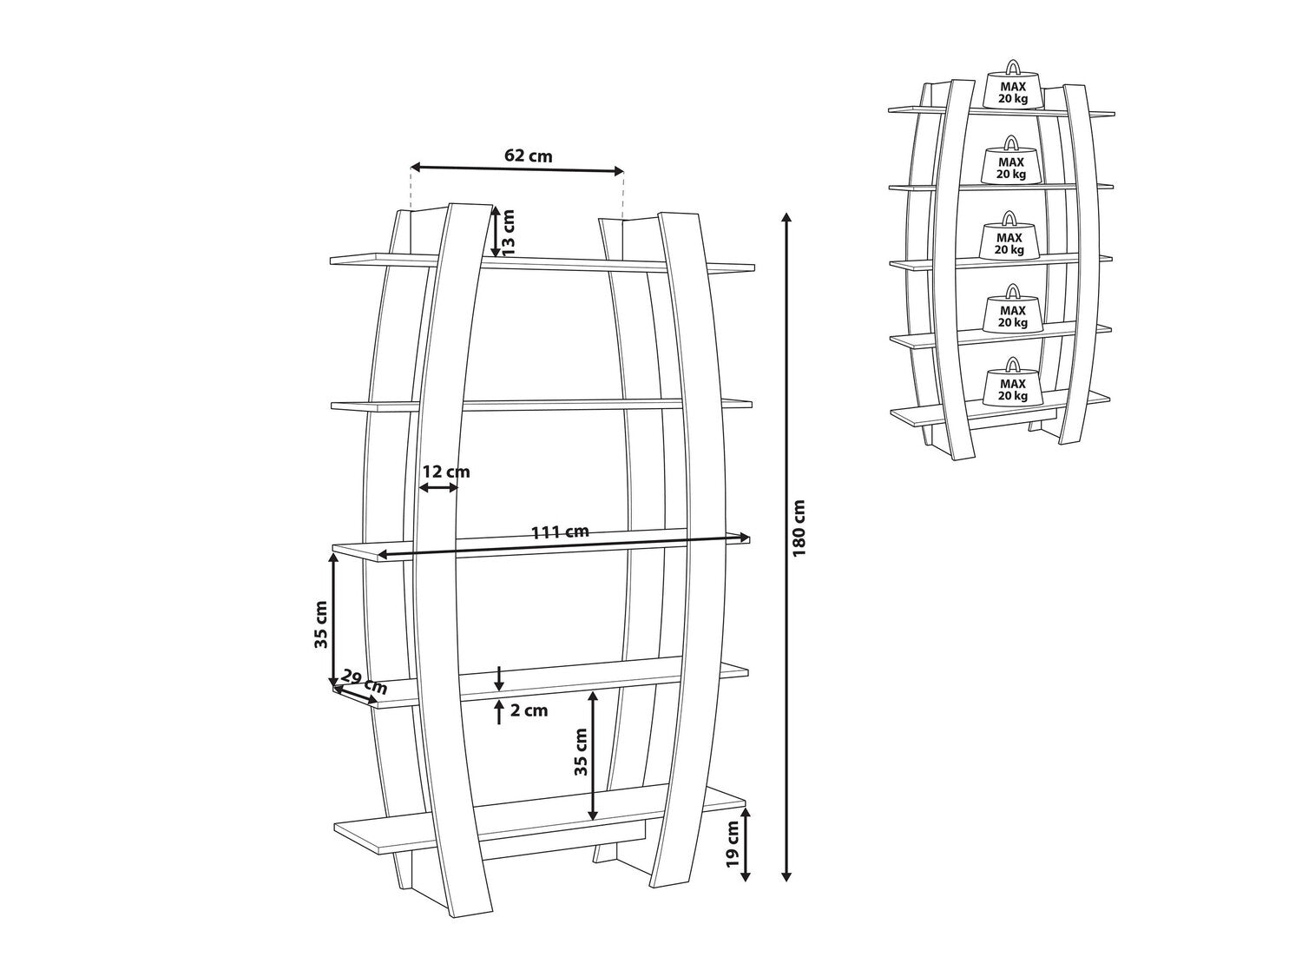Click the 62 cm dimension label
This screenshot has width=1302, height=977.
coord(528,155)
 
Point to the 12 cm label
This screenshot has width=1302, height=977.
coord(445,472)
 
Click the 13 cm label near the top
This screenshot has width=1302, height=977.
coord(509,232)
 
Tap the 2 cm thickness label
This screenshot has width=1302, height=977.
coord(529,710)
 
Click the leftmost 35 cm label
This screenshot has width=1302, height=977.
coord(321,624)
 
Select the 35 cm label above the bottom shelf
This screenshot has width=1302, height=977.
coord(581,752)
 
